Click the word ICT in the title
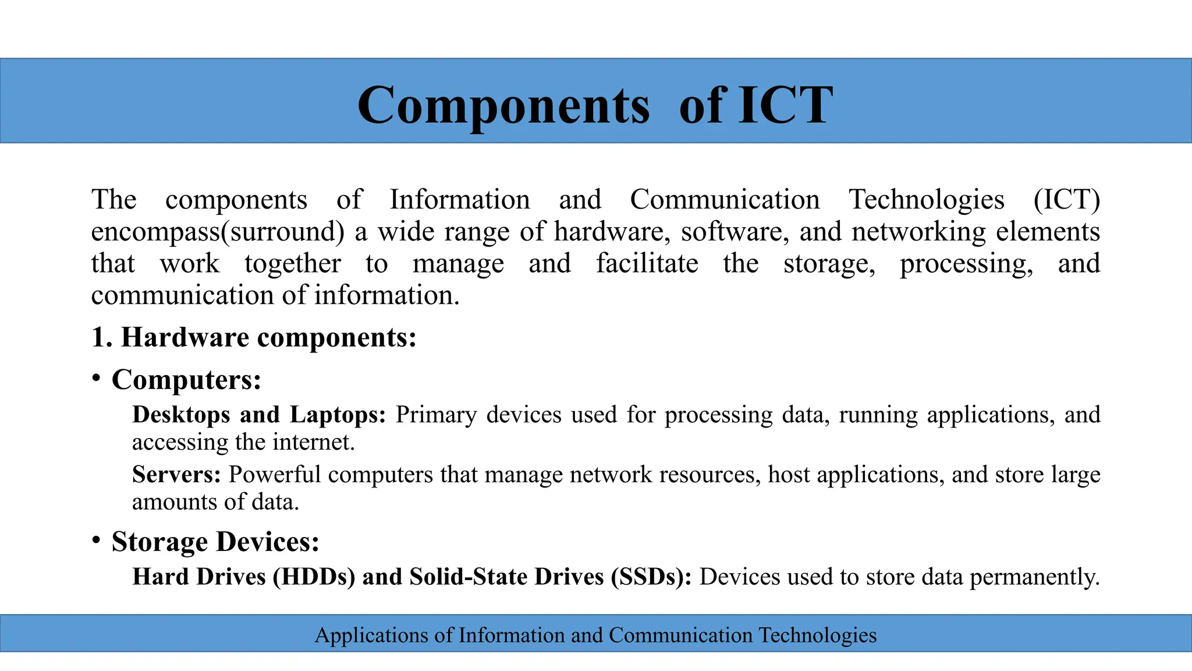coord(785,105)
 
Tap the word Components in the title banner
coord(503,105)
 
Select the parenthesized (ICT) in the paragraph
coord(1066,200)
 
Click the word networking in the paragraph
coord(918,232)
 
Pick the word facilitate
coord(647,263)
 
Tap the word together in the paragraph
coord(292,263)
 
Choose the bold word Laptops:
coord(338,415)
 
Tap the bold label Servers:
coord(176,475)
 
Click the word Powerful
coord(274,475)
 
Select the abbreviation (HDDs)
coord(314,577)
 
